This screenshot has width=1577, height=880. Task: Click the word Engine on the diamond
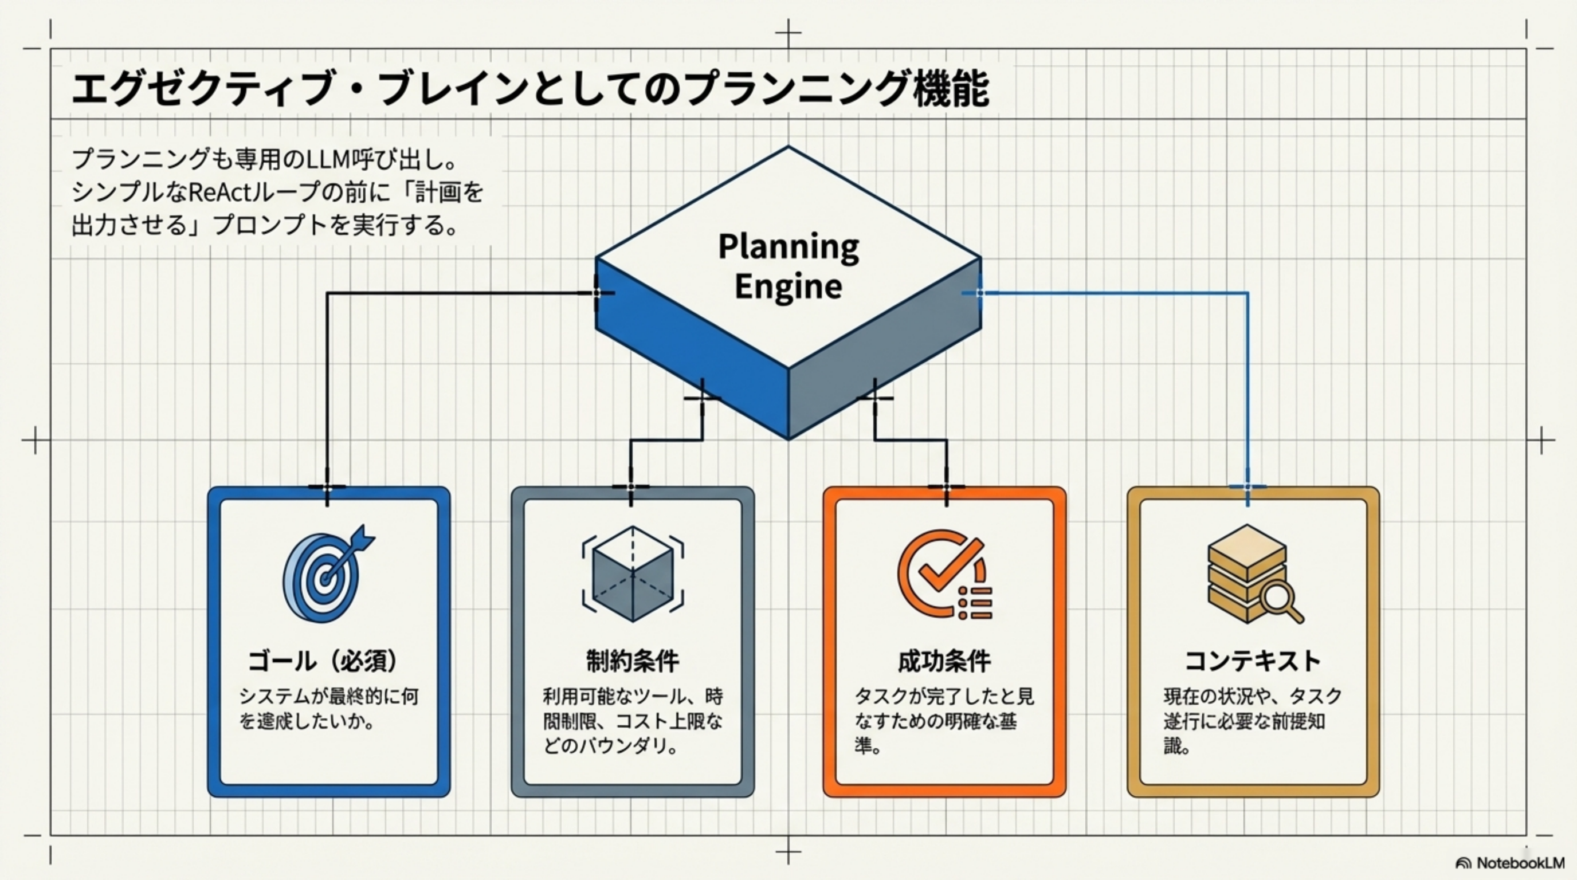pyautogui.click(x=788, y=286)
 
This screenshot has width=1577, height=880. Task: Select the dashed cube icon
pyautogui.click(x=633, y=574)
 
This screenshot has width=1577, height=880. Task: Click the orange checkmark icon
pyautogui.click(x=943, y=574)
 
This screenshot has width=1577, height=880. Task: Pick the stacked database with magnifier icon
pyautogui.click(x=1252, y=574)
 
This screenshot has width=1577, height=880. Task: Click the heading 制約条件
pyautogui.click(x=633, y=661)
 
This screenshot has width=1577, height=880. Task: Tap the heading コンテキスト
pyautogui.click(x=1253, y=661)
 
